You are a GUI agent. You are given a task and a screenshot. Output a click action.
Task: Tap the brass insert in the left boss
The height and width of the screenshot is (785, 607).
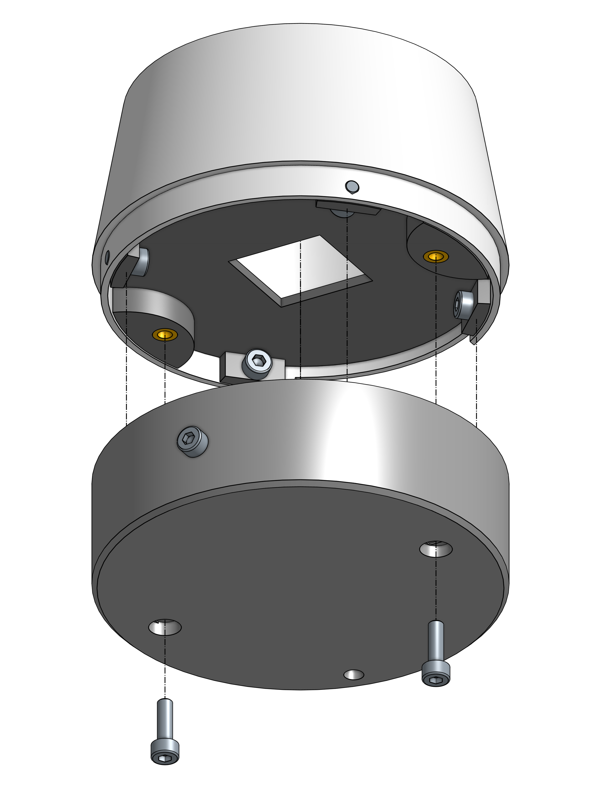click(x=165, y=335)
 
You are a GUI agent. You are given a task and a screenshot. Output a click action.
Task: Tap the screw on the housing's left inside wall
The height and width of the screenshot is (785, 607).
click(x=141, y=261)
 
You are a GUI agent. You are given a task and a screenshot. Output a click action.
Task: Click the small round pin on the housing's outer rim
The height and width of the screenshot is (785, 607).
click(x=352, y=186)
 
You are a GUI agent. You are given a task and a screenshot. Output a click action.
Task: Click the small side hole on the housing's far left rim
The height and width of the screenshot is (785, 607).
click(x=107, y=257)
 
